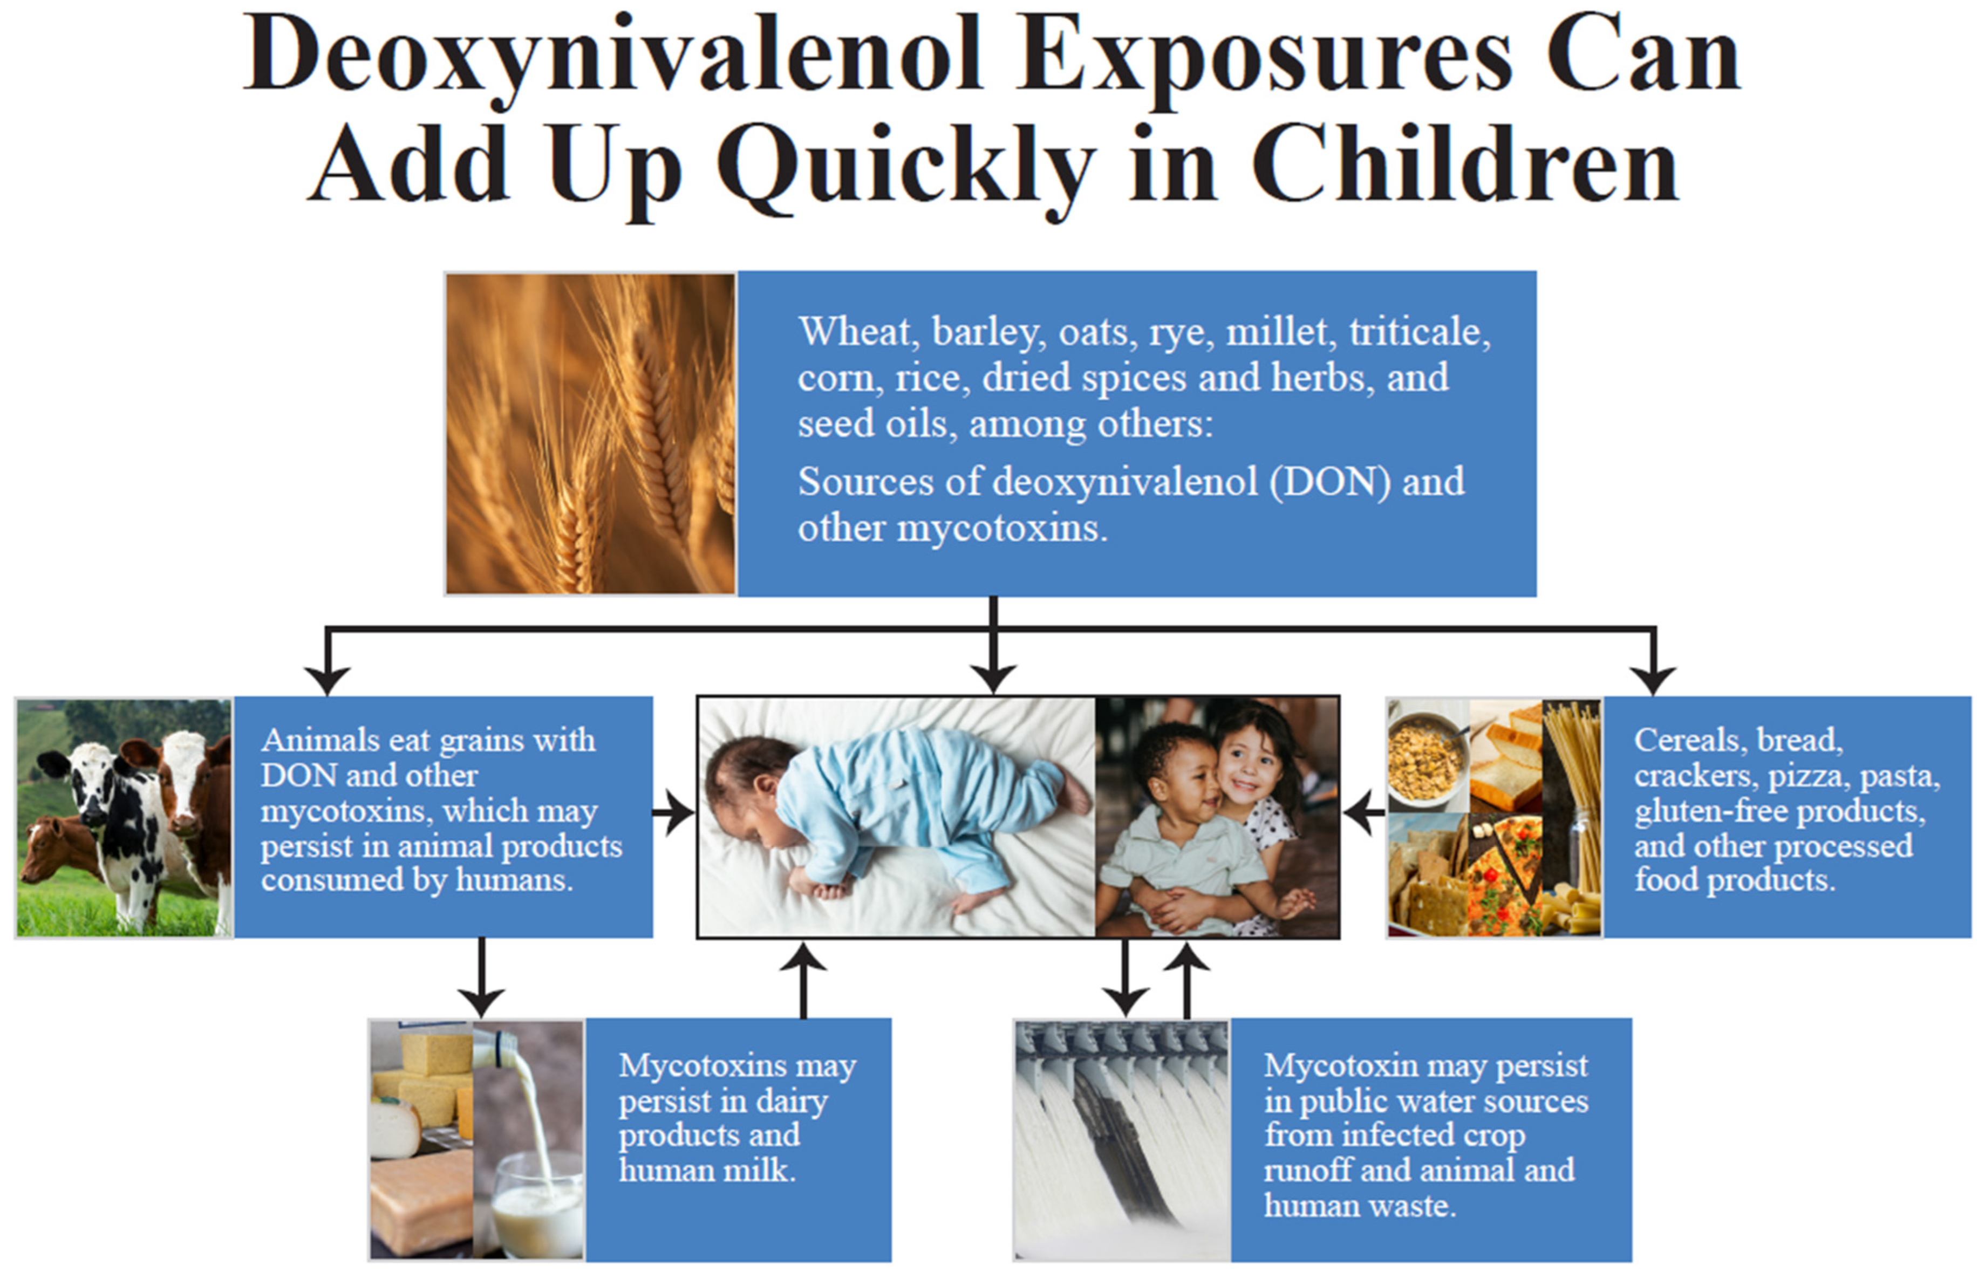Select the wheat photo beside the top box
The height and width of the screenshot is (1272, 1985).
coord(590,434)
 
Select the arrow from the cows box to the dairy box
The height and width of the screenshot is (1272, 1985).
coord(481,977)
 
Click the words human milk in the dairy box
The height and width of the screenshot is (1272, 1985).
coord(707,1170)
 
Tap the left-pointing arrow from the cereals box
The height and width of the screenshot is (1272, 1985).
coord(1364,813)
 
